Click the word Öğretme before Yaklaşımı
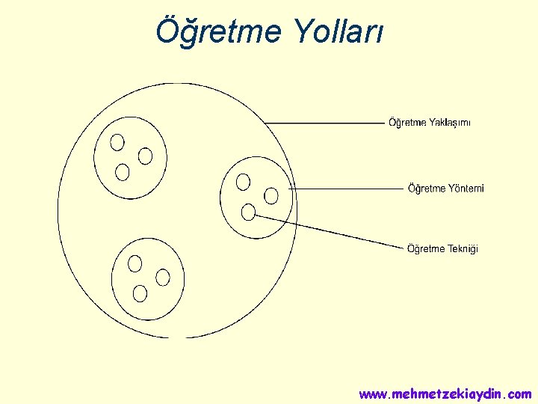click(x=407, y=123)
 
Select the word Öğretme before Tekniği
click(x=426, y=248)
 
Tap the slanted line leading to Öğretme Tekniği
click(x=329, y=230)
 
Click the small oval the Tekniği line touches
click(x=248, y=212)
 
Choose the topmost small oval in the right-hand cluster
click(x=243, y=181)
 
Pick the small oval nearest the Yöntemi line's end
click(x=271, y=195)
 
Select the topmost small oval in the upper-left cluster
click(x=117, y=141)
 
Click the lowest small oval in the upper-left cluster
click(x=123, y=172)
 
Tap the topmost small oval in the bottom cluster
click(x=135, y=263)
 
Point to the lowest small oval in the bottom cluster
click(x=140, y=293)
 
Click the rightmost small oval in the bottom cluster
click(x=163, y=277)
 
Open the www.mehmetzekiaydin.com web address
click(x=445, y=394)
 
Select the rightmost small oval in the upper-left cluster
click(x=146, y=156)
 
